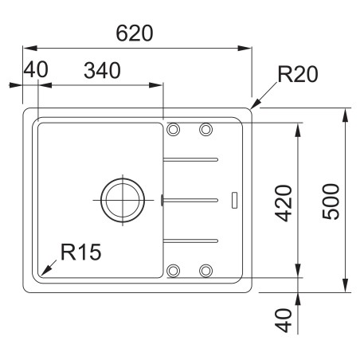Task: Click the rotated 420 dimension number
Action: point(283,202)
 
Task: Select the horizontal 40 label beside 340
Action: point(35,70)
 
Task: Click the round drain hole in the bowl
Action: point(123,196)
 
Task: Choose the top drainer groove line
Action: point(190,158)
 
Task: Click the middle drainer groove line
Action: point(190,197)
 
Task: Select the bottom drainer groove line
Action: point(190,238)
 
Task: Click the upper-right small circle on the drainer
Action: point(205,130)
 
